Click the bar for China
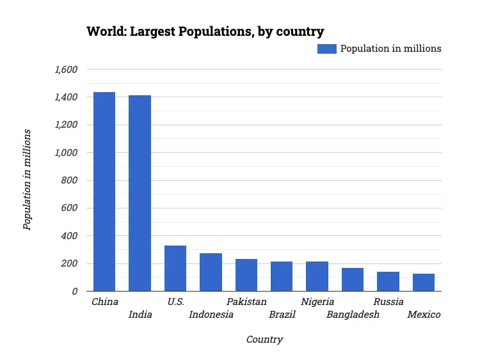[104, 192]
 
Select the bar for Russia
[388, 281]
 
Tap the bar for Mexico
[424, 283]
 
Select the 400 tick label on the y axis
[69, 236]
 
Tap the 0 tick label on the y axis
[74, 292]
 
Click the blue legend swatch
[326, 49]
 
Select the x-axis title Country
[264, 340]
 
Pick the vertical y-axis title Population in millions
[27, 179]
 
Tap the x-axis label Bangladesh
[353, 315]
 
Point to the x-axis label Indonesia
[211, 315]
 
